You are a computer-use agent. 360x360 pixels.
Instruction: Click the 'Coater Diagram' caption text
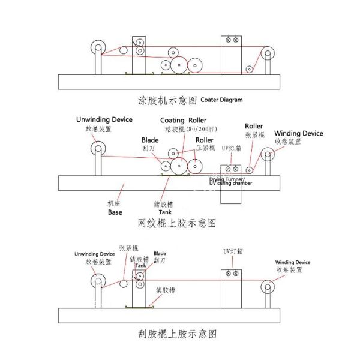221,100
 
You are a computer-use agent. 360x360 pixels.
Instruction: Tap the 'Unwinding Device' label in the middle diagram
104,120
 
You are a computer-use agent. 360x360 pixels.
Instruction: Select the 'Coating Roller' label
183,120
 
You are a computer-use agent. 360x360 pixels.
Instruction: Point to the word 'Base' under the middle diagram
115,212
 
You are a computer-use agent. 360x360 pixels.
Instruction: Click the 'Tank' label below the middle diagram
165,212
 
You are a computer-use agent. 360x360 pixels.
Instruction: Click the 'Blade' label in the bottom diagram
160,253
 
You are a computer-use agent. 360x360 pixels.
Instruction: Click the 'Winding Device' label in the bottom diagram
293,262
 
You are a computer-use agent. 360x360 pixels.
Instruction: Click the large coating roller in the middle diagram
179,166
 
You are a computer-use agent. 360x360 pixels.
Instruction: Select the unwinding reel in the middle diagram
97,149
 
